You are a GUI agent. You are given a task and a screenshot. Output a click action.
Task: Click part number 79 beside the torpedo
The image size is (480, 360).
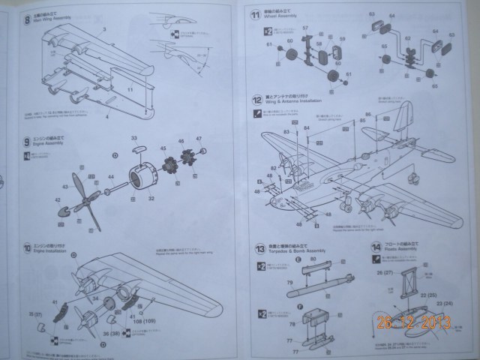tap(290, 283)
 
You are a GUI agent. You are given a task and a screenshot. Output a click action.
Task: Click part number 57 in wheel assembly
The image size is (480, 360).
tap(305, 28)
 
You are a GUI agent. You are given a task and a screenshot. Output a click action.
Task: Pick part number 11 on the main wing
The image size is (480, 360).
tap(130, 89)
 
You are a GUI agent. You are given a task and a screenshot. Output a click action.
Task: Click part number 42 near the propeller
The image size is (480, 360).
tap(57, 200)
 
